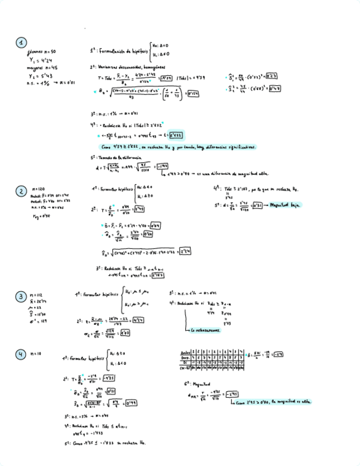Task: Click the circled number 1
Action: tap(21, 43)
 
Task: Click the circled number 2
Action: tap(21, 191)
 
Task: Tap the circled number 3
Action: tap(21, 297)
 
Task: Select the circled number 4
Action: tap(21, 354)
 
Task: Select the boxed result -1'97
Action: tap(162, 167)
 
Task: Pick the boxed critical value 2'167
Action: tap(157, 275)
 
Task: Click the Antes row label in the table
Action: tap(186, 352)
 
